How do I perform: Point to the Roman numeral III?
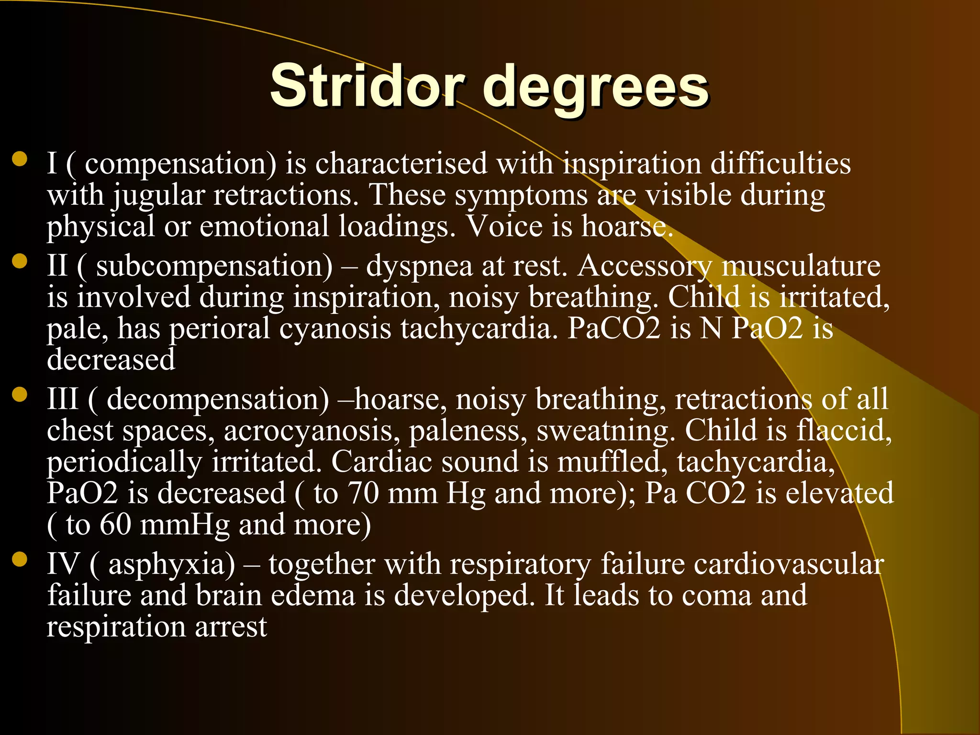(63, 399)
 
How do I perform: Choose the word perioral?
(220, 329)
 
